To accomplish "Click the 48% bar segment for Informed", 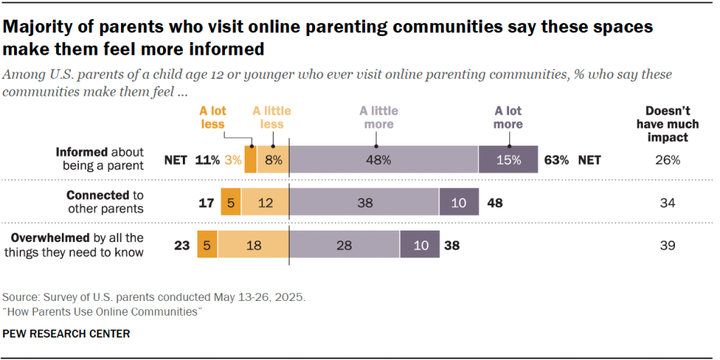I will click(x=383, y=160).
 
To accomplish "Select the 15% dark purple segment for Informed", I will click(x=508, y=160).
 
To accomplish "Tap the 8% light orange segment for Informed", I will click(x=273, y=160).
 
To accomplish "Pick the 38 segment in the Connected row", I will click(x=364, y=202).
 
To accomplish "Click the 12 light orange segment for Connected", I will click(x=265, y=202).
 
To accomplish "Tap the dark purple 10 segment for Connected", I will click(x=458, y=202).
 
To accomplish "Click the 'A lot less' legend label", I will click(x=212, y=117).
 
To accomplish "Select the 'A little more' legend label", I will click(x=378, y=117).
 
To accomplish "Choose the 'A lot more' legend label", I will click(x=508, y=117).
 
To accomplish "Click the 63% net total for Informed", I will click(x=556, y=160).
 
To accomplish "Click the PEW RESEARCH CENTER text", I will click(x=67, y=333).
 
